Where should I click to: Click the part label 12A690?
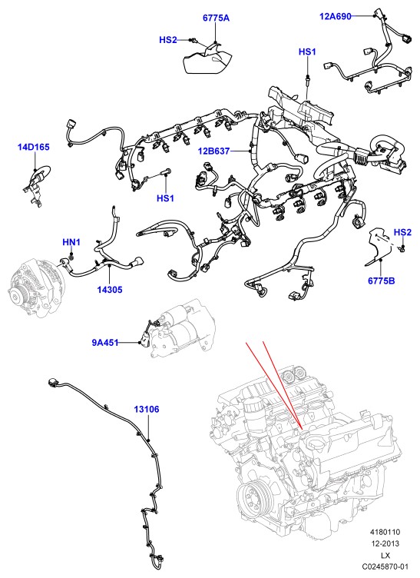[335, 16]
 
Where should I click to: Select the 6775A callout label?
[216, 18]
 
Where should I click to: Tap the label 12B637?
[214, 151]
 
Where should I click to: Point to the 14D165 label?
[34, 147]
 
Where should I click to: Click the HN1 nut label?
[71, 242]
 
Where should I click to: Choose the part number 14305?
[110, 290]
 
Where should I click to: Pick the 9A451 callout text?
[105, 343]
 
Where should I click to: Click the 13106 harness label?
[147, 409]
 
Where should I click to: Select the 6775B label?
[382, 281]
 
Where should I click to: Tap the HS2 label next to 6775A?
[168, 40]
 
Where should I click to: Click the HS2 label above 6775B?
[402, 232]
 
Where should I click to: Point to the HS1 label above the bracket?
[307, 51]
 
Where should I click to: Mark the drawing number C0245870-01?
[385, 566]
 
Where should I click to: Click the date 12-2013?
[385, 543]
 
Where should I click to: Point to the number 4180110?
[385, 532]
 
